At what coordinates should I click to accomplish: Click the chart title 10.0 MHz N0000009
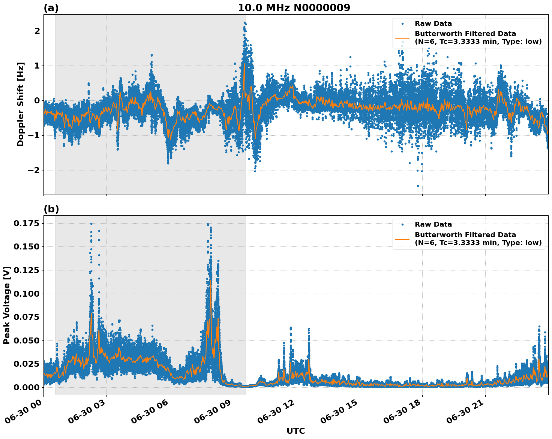294,8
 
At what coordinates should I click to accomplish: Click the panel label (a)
51,8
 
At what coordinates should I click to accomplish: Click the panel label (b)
51,209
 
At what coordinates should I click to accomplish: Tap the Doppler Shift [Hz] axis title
21,104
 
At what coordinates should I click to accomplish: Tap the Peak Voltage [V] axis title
7,305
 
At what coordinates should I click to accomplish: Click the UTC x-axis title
295,431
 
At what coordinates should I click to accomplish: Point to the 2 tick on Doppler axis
37,31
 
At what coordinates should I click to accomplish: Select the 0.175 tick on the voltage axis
26,224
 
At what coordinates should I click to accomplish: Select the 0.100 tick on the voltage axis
26,294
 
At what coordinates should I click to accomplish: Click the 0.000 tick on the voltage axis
26,387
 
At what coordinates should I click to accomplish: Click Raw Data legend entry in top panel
433,24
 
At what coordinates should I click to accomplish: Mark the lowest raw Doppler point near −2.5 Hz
418,186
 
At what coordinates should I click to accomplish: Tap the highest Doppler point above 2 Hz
244,22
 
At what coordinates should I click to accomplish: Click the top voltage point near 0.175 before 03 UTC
91,224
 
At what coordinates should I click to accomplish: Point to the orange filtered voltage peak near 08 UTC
211,280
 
